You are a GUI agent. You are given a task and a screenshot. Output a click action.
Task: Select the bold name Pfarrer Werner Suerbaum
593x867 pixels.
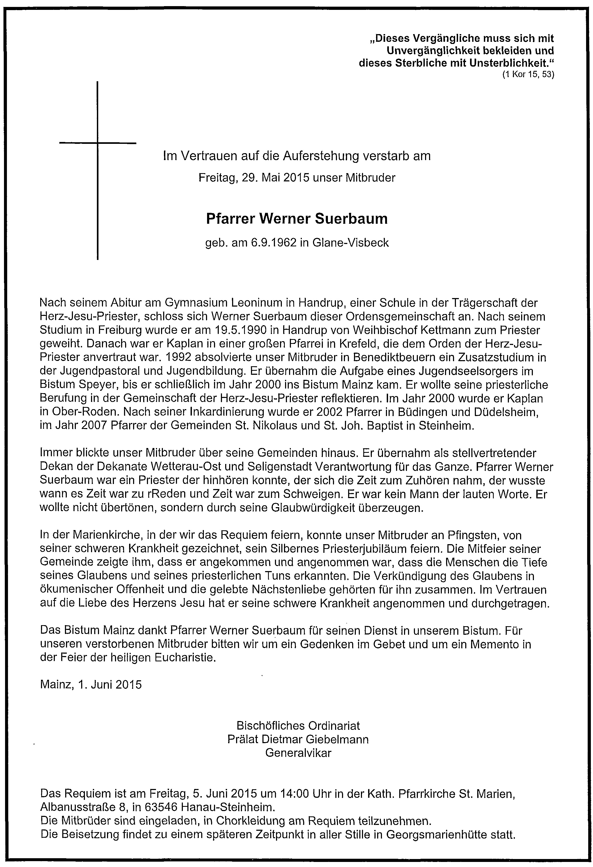tap(297, 219)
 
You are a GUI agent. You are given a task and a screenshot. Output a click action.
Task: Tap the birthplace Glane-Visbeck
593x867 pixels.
tap(350, 243)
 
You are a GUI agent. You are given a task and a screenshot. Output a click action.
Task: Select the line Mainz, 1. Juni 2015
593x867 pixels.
tap(91, 685)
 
